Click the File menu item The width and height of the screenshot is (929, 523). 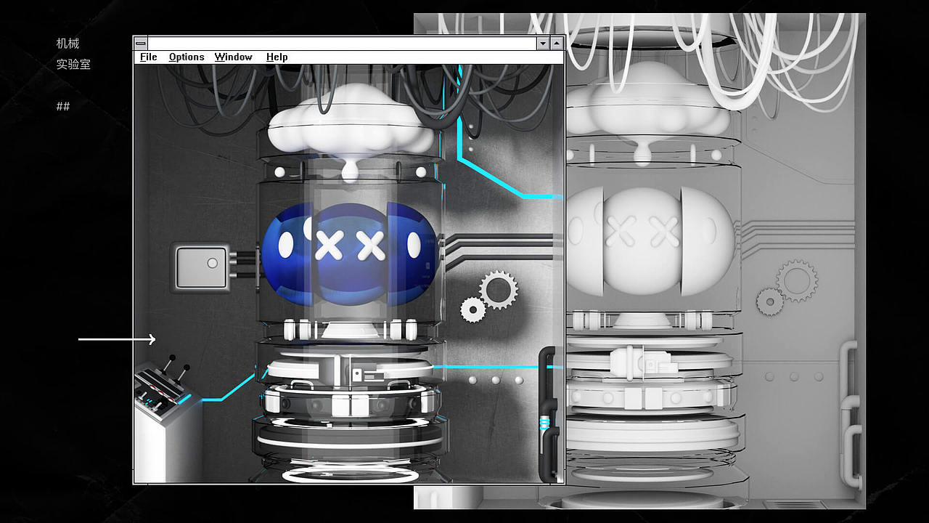pyautogui.click(x=149, y=57)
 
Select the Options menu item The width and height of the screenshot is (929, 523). pyautogui.click(x=187, y=57)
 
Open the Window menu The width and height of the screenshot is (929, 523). pyautogui.click(x=234, y=57)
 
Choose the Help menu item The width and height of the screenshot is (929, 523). pyautogui.click(x=277, y=57)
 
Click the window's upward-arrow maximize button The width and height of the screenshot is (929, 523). pyautogui.click(x=557, y=43)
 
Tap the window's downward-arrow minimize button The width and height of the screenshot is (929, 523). pyautogui.click(x=543, y=43)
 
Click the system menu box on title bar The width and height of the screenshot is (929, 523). pyautogui.click(x=141, y=43)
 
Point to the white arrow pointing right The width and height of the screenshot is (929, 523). pyautogui.click(x=117, y=339)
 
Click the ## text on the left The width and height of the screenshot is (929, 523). pyautogui.click(x=63, y=106)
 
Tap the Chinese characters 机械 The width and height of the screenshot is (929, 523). pyautogui.click(x=67, y=43)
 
